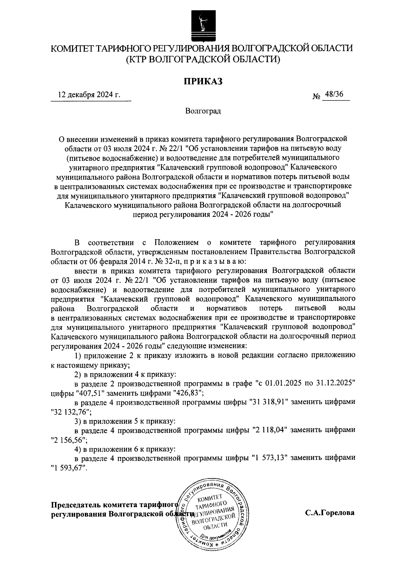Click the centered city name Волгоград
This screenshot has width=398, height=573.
tap(203, 111)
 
